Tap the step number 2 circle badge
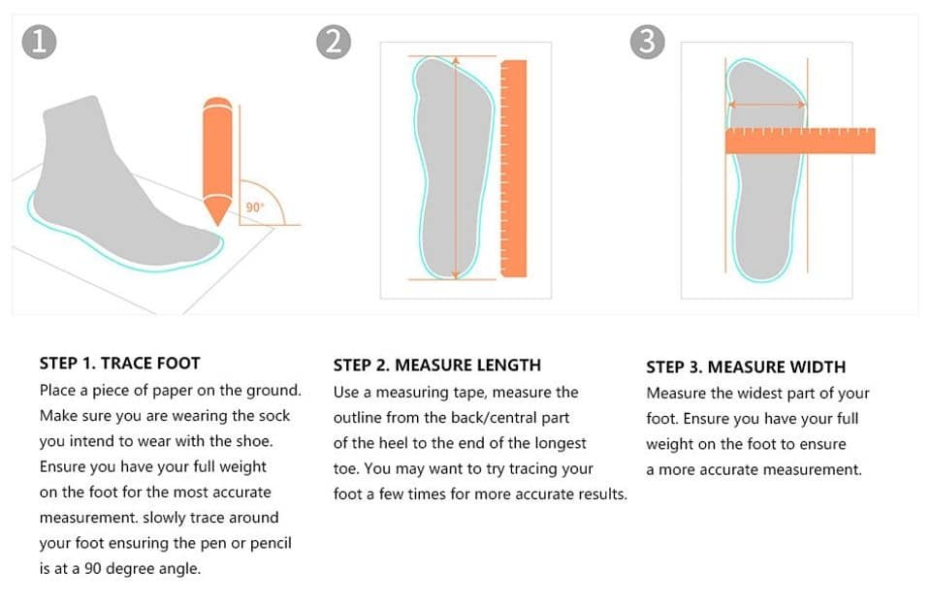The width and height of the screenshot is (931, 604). pyautogui.click(x=333, y=42)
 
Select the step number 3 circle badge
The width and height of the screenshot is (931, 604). pyautogui.click(x=647, y=42)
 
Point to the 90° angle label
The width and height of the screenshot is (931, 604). pyautogui.click(x=254, y=207)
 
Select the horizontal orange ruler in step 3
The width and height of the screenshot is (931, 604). pyautogui.click(x=799, y=142)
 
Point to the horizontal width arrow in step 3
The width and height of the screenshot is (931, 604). pyautogui.click(x=766, y=105)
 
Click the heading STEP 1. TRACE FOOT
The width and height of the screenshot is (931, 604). pyautogui.click(x=119, y=364)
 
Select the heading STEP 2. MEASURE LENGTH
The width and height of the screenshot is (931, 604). pyautogui.click(x=436, y=366)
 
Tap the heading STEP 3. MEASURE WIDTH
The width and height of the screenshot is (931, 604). pyautogui.click(x=745, y=367)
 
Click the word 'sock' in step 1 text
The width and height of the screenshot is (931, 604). pyautogui.click(x=273, y=416)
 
